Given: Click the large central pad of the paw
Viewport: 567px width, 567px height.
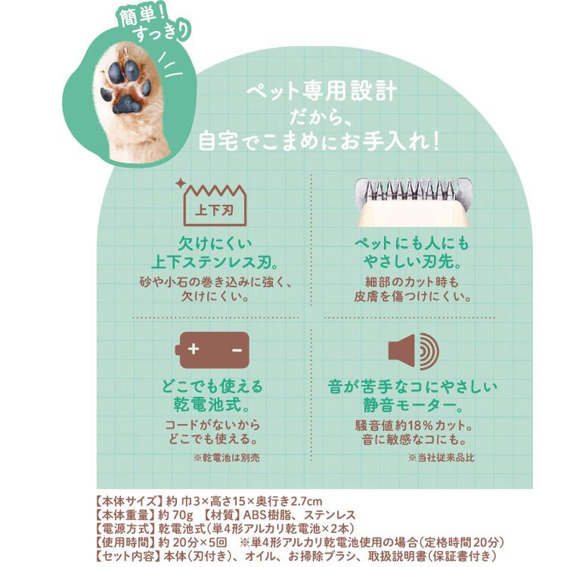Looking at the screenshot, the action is coord(126,105).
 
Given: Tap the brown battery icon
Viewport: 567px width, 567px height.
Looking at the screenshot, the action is coord(212,350).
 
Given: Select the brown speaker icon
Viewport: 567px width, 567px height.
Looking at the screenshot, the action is coord(414,351).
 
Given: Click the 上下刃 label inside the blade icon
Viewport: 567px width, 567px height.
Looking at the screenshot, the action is coord(215,209).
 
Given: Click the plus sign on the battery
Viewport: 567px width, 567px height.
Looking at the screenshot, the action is coord(194,349).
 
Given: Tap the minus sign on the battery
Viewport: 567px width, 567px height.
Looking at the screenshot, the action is coord(237,350).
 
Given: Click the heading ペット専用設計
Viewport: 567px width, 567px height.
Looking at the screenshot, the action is coord(321,91).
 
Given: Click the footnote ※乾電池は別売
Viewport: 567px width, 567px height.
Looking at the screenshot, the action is coord(226,458).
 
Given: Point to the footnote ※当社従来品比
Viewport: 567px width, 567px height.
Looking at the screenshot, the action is coord(441,458).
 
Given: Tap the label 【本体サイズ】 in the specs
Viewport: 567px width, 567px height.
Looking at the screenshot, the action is coord(128,501).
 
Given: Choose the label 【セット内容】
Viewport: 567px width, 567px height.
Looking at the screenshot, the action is coord(128,556).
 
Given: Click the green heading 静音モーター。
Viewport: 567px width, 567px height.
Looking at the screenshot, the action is coord(414,405).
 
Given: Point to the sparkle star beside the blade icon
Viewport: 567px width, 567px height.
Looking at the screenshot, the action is coord(180,183).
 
